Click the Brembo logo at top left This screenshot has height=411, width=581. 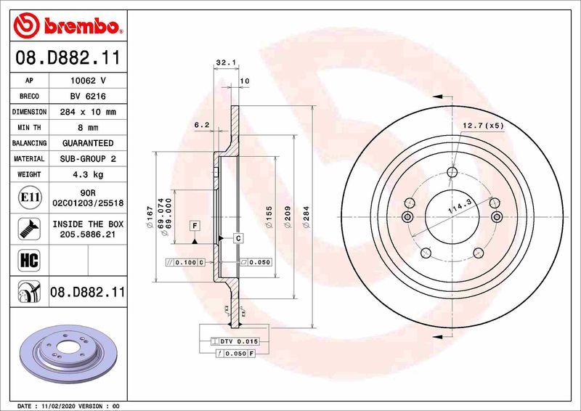pos(66,27)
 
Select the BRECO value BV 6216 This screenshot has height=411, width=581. pos(87,97)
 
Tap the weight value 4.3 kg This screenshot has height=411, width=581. pos(87,174)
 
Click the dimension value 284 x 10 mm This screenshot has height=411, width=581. pos(87,112)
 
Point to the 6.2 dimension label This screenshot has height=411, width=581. pos(202,126)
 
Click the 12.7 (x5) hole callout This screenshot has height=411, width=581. pos(483,126)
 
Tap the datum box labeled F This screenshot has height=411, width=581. pos(195,226)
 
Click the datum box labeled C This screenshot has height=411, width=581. pos(237,238)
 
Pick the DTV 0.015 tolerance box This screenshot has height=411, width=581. pos(234,341)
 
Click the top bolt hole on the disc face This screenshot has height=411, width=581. pos(453,172)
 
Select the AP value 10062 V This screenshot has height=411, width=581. pos(87,81)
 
